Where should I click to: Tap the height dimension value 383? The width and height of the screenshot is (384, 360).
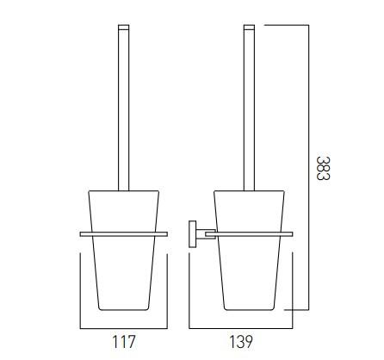click(322, 168)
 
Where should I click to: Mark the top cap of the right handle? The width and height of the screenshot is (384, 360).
click(250, 28)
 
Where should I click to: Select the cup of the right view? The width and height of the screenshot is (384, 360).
click(250, 267)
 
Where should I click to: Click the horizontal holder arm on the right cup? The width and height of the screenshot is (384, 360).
click(250, 233)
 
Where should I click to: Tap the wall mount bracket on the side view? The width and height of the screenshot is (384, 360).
click(193, 233)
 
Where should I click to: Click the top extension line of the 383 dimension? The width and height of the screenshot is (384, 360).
click(284, 24)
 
